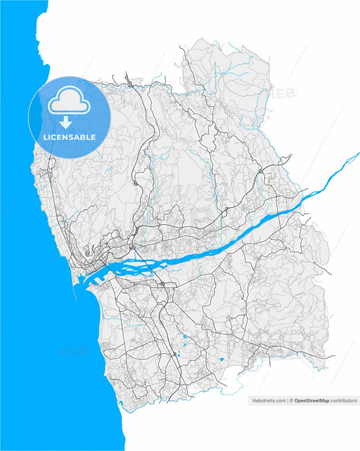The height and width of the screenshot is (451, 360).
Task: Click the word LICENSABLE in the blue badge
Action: click(69, 137)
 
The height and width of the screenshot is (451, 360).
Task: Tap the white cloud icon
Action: click(69, 102)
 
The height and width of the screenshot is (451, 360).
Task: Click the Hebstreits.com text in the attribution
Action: click(269, 400)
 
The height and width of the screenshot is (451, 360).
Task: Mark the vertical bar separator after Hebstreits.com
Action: click(288, 400)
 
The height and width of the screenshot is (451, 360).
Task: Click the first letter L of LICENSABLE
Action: click(45, 137)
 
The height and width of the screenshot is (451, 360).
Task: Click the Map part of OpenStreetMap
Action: click(324, 400)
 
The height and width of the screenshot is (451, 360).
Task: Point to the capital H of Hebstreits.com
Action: click(254, 400)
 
